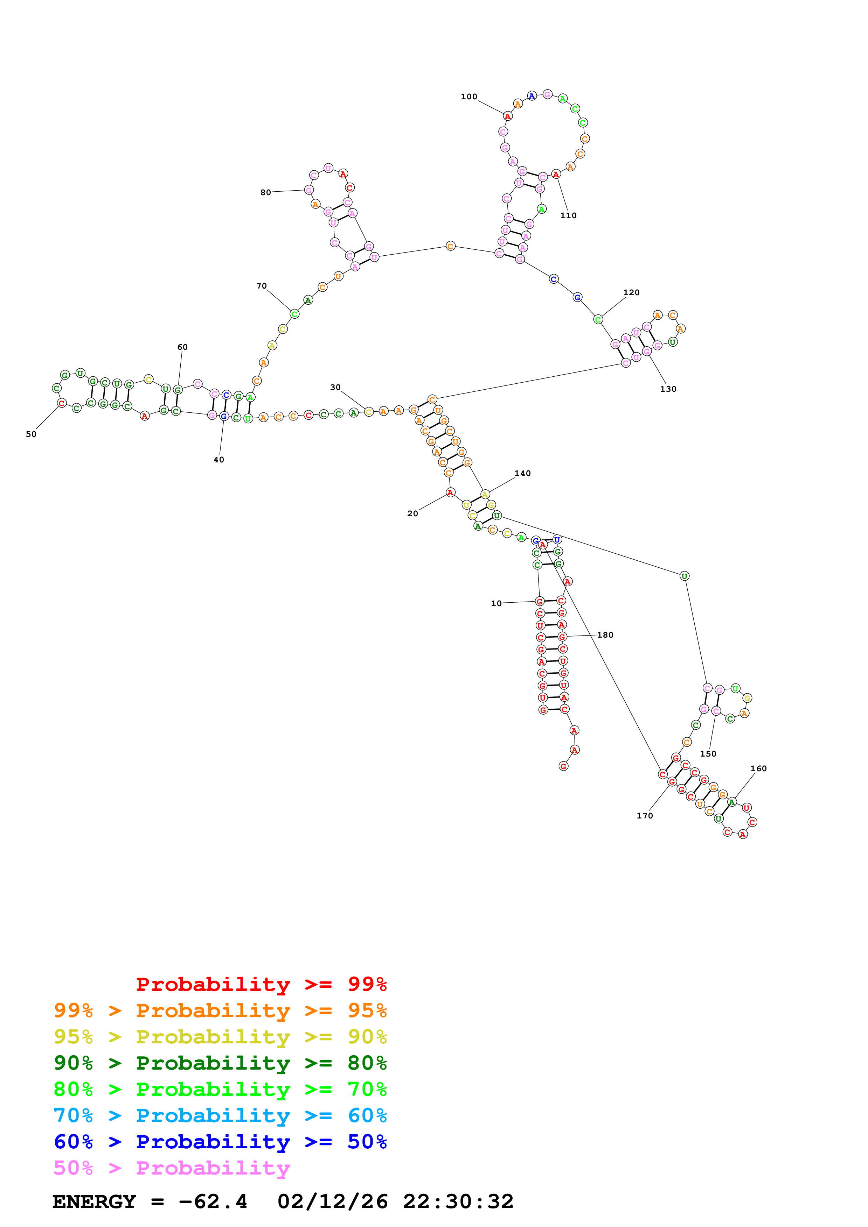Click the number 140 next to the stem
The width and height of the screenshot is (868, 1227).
click(522, 474)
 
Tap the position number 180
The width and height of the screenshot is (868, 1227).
click(605, 635)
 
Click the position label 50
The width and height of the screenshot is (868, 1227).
click(31, 434)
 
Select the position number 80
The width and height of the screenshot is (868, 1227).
click(265, 192)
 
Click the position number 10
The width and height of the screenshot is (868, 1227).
click(496, 603)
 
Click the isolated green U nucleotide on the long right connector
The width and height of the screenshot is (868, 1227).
click(684, 576)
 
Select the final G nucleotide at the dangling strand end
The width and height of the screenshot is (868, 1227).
click(563, 766)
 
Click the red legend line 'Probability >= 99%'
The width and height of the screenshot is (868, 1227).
click(261, 984)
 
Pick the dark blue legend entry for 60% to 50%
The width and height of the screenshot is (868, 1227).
click(220, 1142)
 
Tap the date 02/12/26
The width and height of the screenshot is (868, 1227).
click(332, 1201)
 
